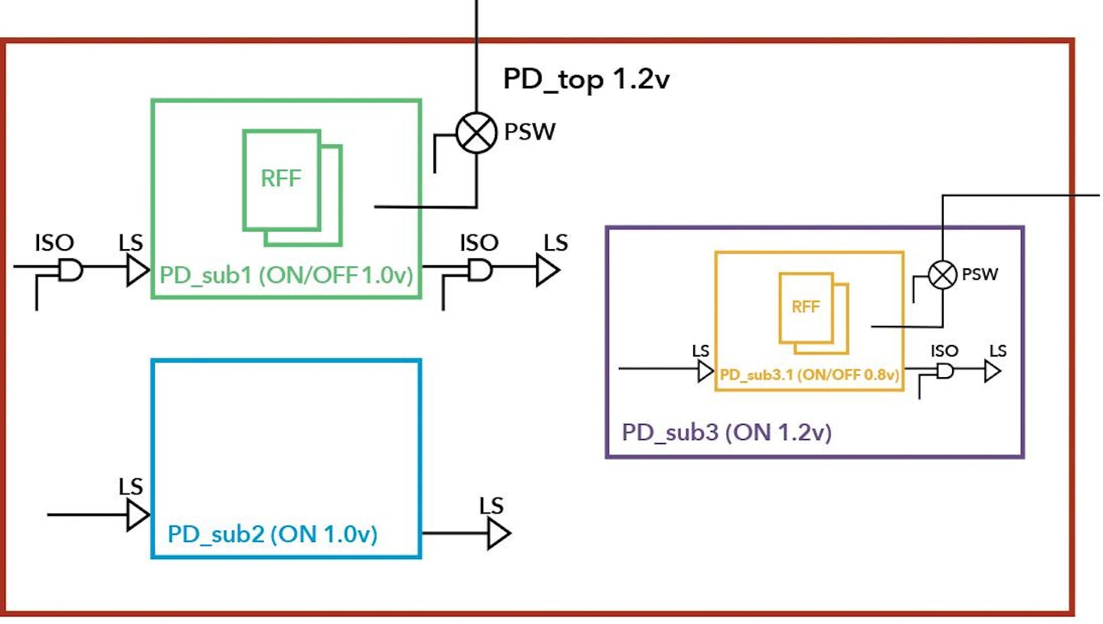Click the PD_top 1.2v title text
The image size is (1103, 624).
[586, 79]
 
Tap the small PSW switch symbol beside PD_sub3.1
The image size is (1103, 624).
[942, 274]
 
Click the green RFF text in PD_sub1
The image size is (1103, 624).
[281, 179]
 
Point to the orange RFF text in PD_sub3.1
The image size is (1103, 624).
[805, 307]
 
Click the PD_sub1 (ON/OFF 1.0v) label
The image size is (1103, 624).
[286, 275]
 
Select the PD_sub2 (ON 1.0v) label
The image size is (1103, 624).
[272, 534]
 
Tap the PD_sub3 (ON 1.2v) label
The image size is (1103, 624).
[726, 432]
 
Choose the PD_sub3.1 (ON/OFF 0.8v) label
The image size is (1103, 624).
[809, 376]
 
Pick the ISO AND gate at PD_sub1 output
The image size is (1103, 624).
[480, 269]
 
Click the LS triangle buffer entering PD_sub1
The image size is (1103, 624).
[137, 270]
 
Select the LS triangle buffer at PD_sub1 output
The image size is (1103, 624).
[547, 270]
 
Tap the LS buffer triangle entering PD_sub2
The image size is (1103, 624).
[137, 514]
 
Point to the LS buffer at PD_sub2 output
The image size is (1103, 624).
[498, 533]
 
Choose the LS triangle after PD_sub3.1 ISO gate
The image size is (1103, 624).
[993, 372]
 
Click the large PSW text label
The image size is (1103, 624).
[529, 133]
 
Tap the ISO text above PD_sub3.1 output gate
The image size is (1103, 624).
[944, 350]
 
